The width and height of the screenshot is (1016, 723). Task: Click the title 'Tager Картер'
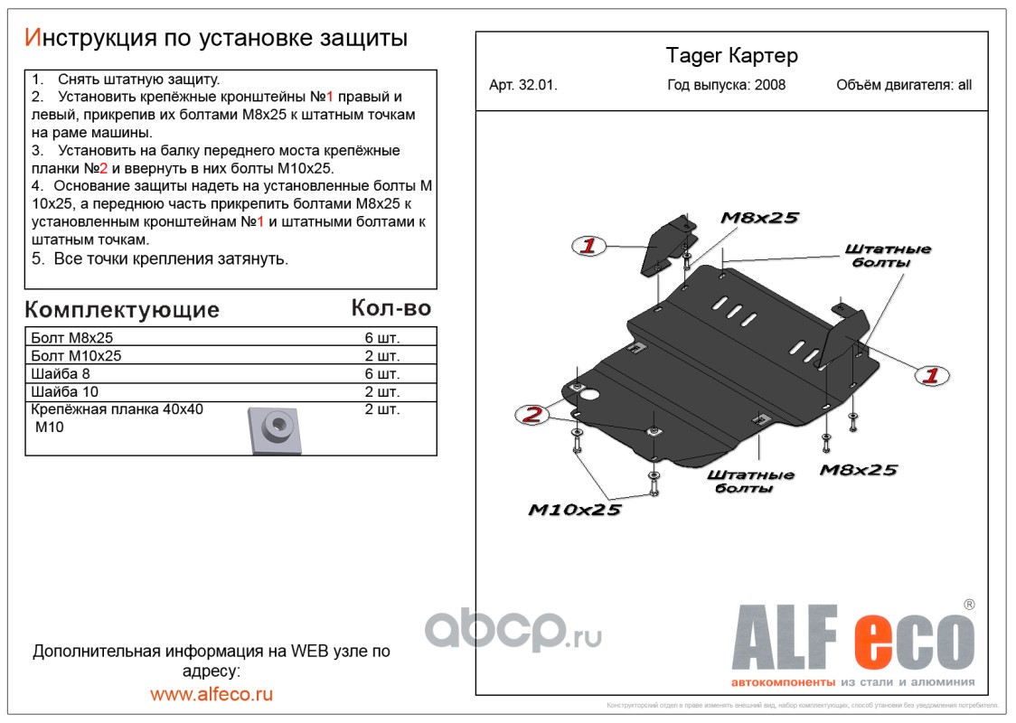[731, 56]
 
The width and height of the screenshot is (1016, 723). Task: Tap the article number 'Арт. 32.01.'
[523, 86]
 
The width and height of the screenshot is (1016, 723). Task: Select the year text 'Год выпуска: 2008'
[726, 86]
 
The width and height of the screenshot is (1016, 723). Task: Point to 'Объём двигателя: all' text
[903, 86]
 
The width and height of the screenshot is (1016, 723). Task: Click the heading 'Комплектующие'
[122, 310]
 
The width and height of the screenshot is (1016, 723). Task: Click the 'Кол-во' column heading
[390, 308]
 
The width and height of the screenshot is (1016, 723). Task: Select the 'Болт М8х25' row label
[71, 337]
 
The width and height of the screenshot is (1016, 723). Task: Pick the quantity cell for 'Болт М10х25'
[381, 356]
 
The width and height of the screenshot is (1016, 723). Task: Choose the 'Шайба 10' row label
[64, 392]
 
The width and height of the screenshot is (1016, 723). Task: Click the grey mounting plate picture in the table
[274, 429]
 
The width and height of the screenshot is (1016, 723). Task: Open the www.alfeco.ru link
[212, 694]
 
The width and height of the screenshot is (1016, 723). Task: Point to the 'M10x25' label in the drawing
[575, 511]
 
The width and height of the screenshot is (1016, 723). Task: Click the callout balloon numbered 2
[533, 415]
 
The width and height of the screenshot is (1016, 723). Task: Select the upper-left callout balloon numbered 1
[588, 245]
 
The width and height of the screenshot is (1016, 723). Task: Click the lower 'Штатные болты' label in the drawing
[750, 482]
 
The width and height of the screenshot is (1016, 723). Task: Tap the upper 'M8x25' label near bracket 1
[760, 218]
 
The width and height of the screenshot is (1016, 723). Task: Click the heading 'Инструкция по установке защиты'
[216, 38]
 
